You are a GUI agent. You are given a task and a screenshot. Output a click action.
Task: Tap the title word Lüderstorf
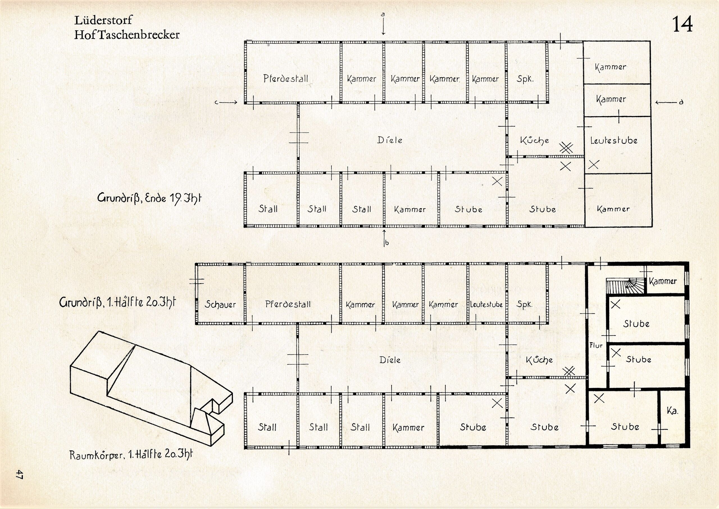click(x=103, y=21)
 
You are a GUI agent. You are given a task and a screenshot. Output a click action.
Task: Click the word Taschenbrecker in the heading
click(x=139, y=35)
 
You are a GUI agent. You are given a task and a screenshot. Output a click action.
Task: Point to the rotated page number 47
click(x=19, y=474)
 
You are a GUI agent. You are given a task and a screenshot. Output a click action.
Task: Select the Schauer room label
click(x=220, y=304)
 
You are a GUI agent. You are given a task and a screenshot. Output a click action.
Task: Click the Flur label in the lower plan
click(x=596, y=346)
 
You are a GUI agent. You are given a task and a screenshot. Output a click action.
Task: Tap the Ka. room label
click(x=672, y=411)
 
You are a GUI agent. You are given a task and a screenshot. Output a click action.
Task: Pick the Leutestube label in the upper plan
click(x=614, y=140)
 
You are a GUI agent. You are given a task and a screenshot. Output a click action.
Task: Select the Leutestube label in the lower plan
click(x=486, y=304)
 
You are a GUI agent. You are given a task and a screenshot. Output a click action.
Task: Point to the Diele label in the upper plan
click(x=390, y=140)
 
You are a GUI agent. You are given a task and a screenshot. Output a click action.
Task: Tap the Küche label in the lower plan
click(x=539, y=360)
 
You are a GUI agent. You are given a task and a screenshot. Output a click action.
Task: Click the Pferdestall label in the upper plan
click(x=286, y=78)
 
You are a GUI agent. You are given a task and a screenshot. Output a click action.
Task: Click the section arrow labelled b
click(x=384, y=238)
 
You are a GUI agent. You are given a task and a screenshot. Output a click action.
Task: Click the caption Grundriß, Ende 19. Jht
click(x=149, y=198)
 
